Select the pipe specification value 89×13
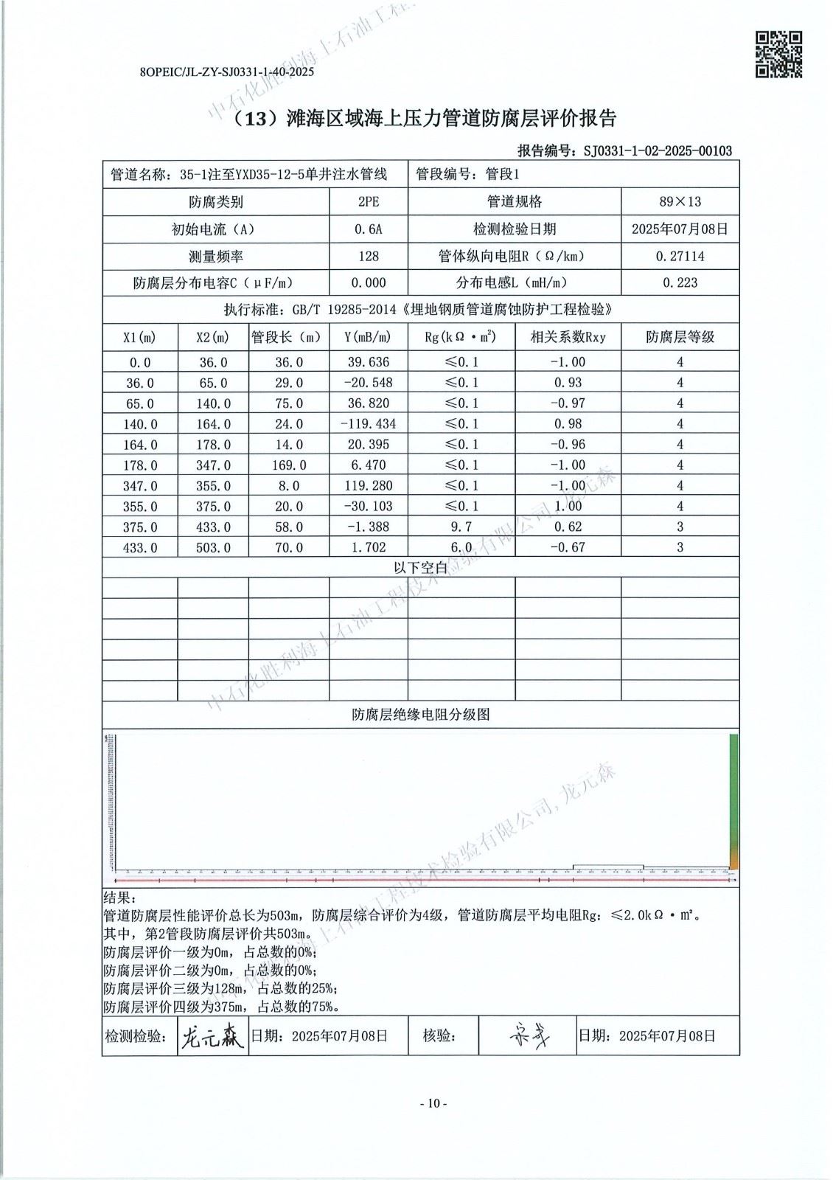[680, 201]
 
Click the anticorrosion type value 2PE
[368, 201]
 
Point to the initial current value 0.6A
[368, 229]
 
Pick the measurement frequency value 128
[368, 256]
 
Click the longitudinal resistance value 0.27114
[680, 256]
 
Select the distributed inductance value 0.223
[680, 282]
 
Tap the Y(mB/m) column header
[368, 337]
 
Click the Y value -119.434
[368, 424]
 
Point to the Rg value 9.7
[461, 527]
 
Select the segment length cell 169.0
[289, 465]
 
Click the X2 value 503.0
[213, 547]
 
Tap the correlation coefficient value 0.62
[568, 527]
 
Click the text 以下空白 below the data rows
[420, 567]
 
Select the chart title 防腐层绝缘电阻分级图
[420, 714]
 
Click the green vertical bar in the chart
[733, 796]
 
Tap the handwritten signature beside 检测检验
[212, 1037]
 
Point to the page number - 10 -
[433, 1103]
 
